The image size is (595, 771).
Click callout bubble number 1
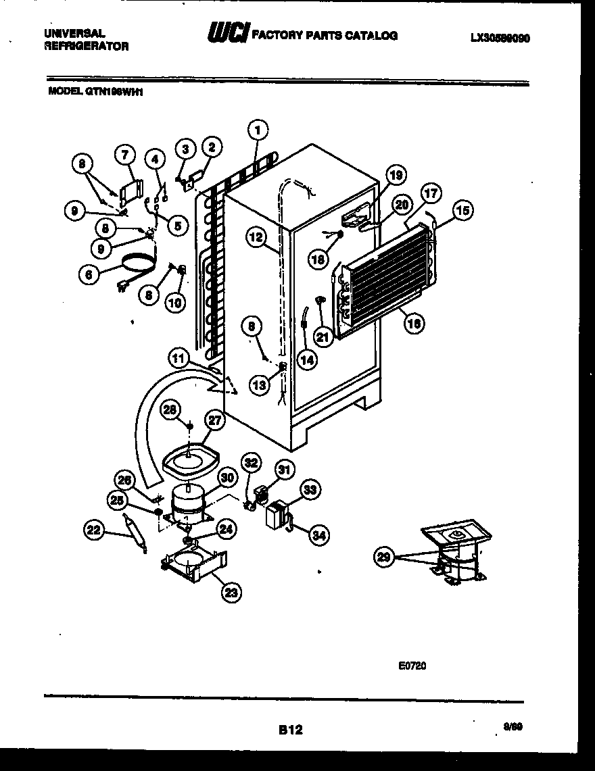click(258, 129)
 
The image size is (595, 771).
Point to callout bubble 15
click(463, 212)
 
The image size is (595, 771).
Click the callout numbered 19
click(396, 176)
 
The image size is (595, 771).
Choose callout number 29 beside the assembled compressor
click(383, 557)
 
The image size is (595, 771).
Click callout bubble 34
click(318, 535)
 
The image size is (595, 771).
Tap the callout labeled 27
click(214, 420)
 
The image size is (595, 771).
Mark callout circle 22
click(94, 531)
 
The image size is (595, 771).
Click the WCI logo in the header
click(229, 34)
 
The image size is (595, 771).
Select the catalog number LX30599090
click(500, 39)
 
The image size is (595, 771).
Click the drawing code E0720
click(412, 665)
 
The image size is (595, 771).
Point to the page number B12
click(290, 730)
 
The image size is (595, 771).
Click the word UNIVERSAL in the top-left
click(74, 32)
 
